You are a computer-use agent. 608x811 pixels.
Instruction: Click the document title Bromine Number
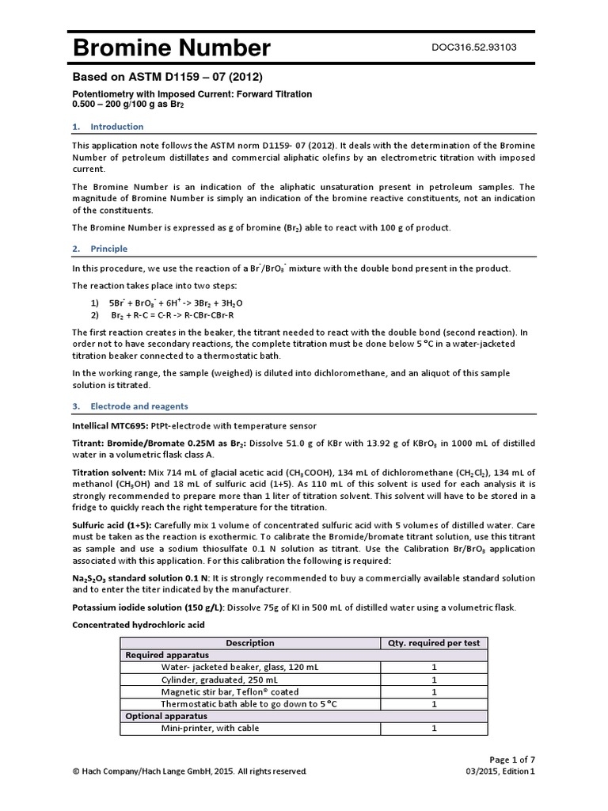[171, 49]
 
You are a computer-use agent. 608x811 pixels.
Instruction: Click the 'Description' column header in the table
[250, 643]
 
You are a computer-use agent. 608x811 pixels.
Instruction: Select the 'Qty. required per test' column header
[434, 643]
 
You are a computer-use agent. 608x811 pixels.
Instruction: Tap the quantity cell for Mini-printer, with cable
[434, 728]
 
